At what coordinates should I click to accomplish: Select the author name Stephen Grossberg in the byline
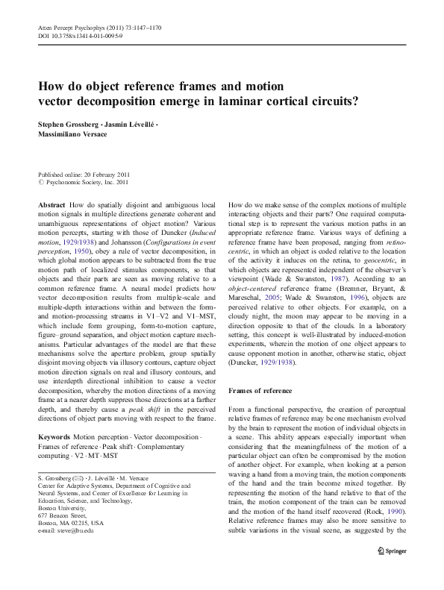[x=72, y=122]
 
